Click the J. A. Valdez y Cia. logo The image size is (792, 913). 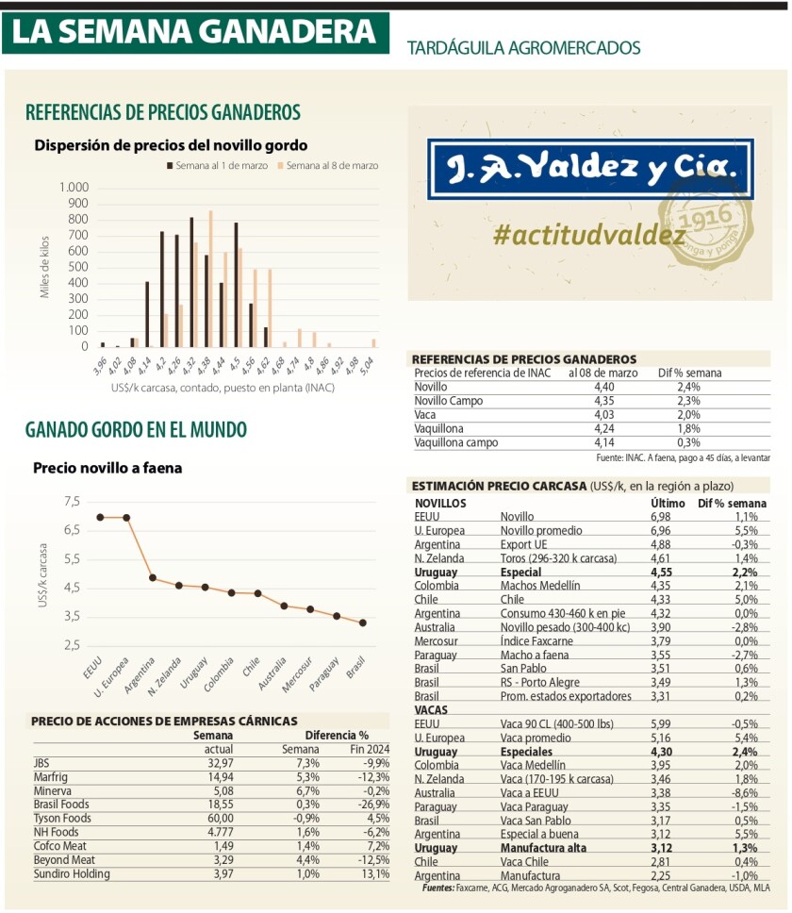pos(590,169)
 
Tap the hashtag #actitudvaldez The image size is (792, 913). pos(588,235)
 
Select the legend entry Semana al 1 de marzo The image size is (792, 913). pos(219,165)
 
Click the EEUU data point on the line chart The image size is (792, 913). pos(100,517)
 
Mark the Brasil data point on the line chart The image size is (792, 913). pos(363,622)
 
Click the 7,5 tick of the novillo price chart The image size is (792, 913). pos(73,502)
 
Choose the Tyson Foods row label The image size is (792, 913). pos(62,818)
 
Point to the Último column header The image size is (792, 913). pos(668,504)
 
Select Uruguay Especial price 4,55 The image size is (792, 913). pos(665,572)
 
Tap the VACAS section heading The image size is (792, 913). pos(431,708)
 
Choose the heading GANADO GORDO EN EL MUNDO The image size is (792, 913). pos(136,430)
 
